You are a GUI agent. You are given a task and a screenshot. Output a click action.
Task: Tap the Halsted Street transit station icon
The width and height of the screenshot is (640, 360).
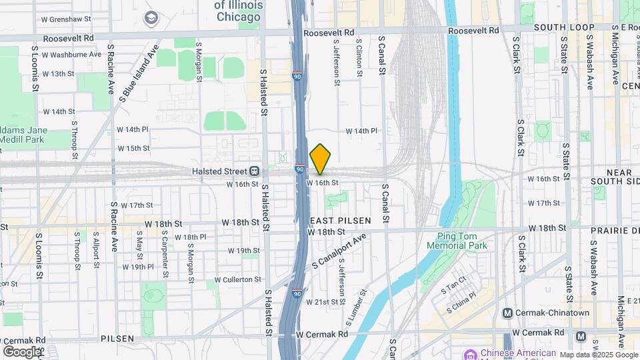tap(254, 171)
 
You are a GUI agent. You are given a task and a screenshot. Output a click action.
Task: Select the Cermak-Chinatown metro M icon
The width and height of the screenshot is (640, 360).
tap(508, 313)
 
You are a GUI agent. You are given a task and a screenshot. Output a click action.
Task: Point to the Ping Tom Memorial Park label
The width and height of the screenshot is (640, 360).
tap(462, 241)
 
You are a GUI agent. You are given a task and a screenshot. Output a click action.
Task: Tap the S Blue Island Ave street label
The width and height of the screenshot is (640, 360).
tap(138, 72)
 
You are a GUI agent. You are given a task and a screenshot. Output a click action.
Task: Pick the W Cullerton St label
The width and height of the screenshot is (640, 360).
tap(237, 279)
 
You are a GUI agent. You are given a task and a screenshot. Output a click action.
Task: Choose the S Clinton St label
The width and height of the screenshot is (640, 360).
tap(359, 59)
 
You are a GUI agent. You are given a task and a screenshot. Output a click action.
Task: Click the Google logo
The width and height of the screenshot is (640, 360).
tap(21, 351)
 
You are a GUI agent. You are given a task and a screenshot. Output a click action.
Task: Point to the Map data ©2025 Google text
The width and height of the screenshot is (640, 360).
tap(599, 355)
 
